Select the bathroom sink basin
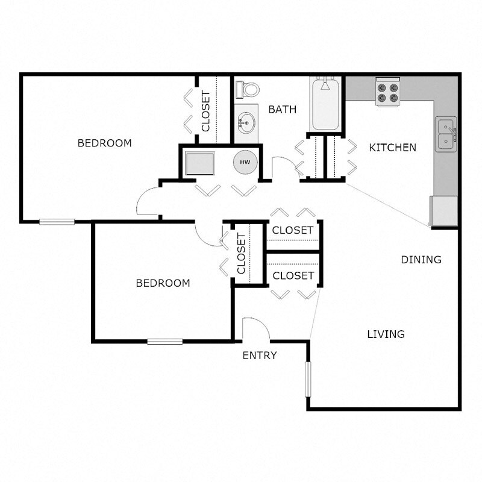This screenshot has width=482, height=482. click(x=245, y=124)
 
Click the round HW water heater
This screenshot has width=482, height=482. click(x=245, y=162)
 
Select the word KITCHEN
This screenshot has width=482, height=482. click(x=392, y=148)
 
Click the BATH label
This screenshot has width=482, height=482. click(x=283, y=110)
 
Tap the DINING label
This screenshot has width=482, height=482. click(x=421, y=260)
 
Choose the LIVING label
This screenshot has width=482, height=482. click(x=386, y=334)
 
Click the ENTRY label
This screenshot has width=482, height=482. click(x=260, y=355)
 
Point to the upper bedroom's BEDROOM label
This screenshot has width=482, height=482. click(x=105, y=143)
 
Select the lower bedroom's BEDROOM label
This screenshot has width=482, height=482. click(x=163, y=283)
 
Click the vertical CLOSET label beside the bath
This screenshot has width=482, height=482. click(x=206, y=111)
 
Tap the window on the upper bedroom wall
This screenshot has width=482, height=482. click(x=57, y=222)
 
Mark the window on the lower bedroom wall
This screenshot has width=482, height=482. click(x=165, y=342)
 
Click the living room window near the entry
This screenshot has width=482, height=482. click(x=308, y=379)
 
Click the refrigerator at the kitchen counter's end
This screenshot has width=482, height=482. click(x=444, y=211)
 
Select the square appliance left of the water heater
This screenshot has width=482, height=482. click(x=199, y=163)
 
